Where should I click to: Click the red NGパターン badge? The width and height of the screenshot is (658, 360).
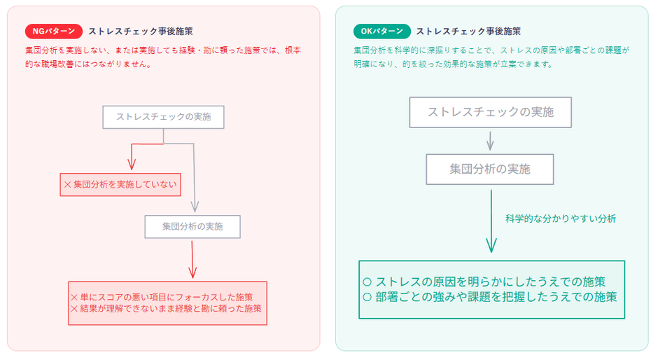click(x=53, y=32)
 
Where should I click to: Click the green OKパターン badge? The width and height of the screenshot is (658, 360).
click(x=381, y=32)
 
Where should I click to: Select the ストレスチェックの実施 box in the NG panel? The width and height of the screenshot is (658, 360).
click(x=163, y=117)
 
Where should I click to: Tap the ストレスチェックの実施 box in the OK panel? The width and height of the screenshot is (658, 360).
click(x=490, y=112)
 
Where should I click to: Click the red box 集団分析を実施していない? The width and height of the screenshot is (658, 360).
click(x=120, y=184)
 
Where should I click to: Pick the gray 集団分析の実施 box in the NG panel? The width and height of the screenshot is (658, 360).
click(x=192, y=226)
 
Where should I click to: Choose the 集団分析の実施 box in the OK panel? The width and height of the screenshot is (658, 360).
click(x=490, y=169)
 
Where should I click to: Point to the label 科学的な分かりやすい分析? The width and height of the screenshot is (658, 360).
click(x=560, y=219)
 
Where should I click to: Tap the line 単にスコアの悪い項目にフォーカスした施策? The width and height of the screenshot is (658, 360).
click(x=167, y=296)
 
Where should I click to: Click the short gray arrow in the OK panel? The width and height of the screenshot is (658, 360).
click(x=490, y=141)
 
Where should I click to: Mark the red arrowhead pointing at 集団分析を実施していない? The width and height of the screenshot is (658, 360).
click(x=132, y=165)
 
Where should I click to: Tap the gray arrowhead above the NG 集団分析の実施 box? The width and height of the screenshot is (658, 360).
click(x=195, y=207)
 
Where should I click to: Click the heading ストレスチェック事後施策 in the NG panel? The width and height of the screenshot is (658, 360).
click(x=140, y=32)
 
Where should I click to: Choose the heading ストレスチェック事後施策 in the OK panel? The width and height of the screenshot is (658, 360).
click(x=468, y=32)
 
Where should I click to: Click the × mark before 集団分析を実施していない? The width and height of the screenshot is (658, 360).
click(x=68, y=185)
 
